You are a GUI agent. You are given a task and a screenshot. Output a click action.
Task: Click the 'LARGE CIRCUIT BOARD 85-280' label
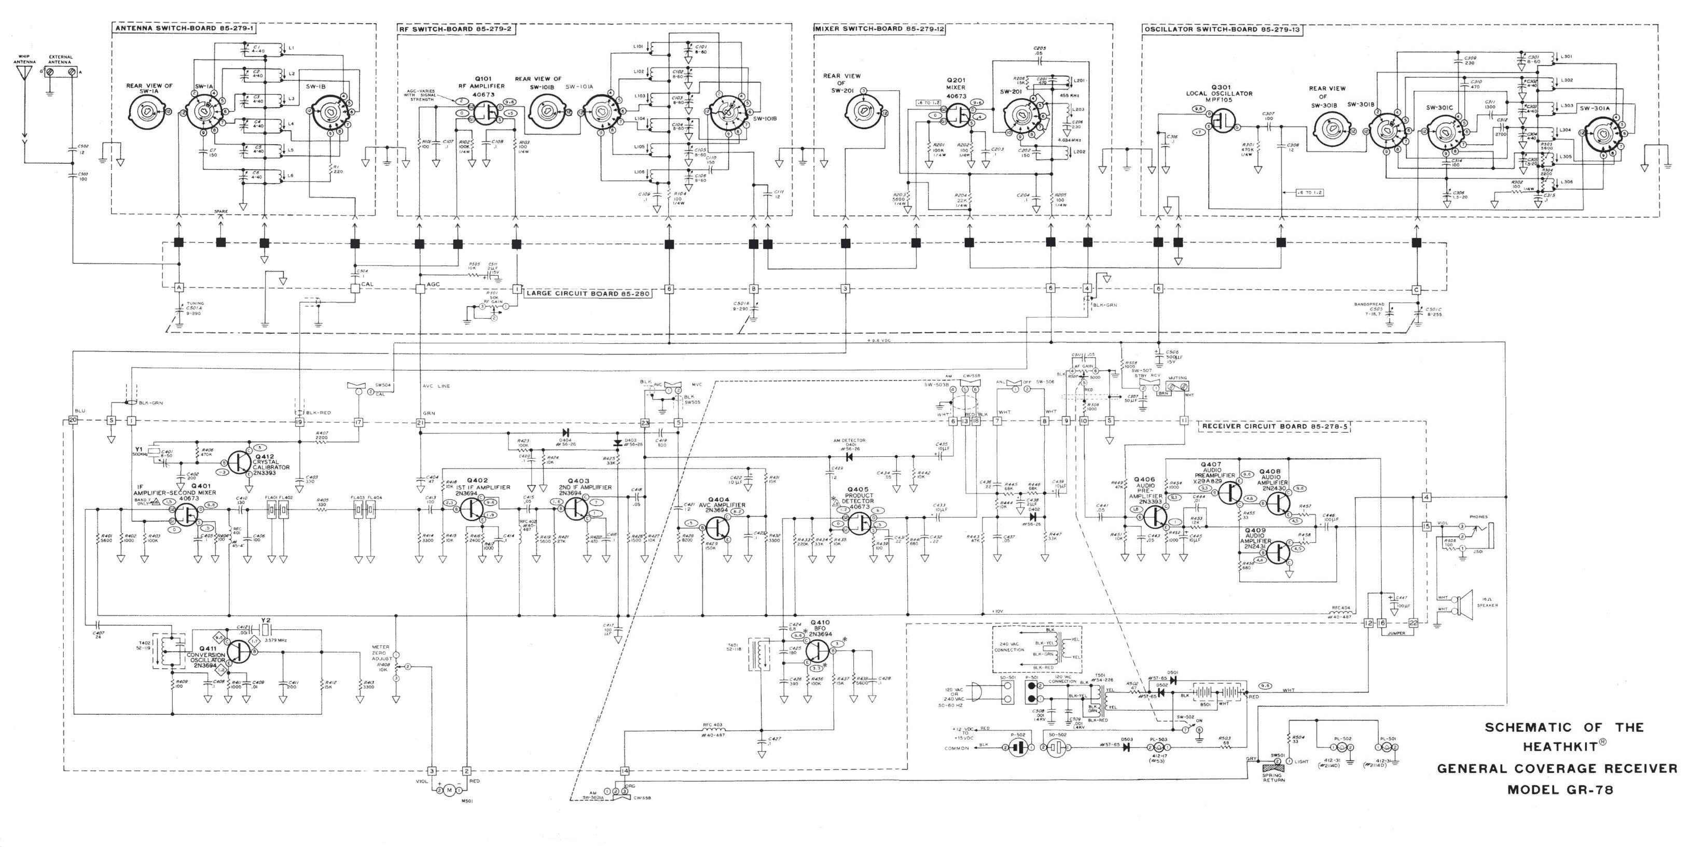[x=588, y=293]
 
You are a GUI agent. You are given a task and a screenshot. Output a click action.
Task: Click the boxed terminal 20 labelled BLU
[x=73, y=420]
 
